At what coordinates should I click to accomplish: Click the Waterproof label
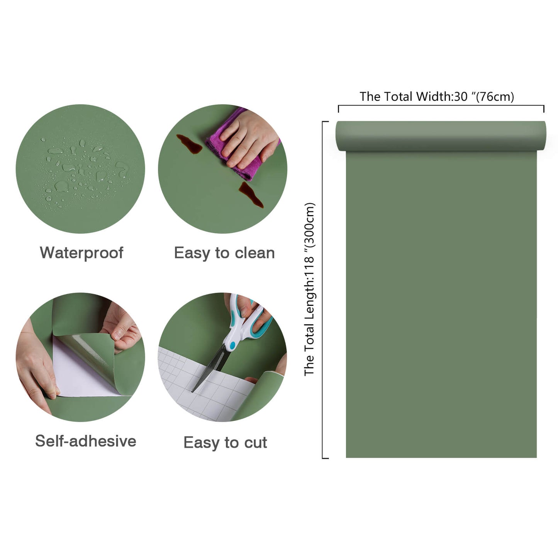coord(81,253)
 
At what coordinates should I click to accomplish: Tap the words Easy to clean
coord(224,253)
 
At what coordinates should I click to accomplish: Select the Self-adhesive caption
coord(85,441)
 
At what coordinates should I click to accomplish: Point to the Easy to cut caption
coord(225,443)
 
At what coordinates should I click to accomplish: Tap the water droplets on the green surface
coord(81,170)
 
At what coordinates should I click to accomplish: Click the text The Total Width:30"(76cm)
coord(437,97)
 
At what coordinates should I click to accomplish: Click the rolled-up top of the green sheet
coord(441,136)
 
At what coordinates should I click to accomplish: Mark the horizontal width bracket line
coord(441,105)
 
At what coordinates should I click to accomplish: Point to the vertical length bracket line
coord(322,290)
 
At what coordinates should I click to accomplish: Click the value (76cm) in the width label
coord(495,97)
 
